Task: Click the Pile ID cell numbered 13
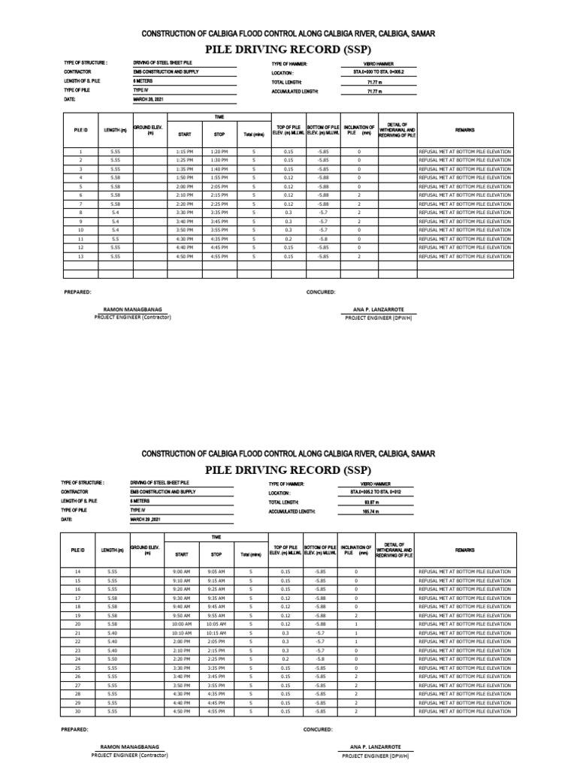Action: point(80,256)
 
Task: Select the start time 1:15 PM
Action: point(185,151)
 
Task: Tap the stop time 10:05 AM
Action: point(216,623)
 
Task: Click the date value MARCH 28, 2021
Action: point(148,99)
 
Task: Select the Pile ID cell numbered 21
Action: point(77,632)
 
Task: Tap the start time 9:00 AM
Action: point(182,571)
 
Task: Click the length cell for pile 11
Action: point(115,239)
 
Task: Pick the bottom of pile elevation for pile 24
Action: point(321,659)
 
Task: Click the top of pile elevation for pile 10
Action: point(288,230)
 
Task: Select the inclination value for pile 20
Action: point(356,623)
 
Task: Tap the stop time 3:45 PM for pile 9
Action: point(219,222)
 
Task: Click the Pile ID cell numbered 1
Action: point(80,151)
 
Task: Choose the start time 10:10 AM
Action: point(182,632)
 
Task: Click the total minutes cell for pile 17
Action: point(253,598)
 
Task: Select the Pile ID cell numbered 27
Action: point(77,685)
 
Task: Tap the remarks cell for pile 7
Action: point(465,204)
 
